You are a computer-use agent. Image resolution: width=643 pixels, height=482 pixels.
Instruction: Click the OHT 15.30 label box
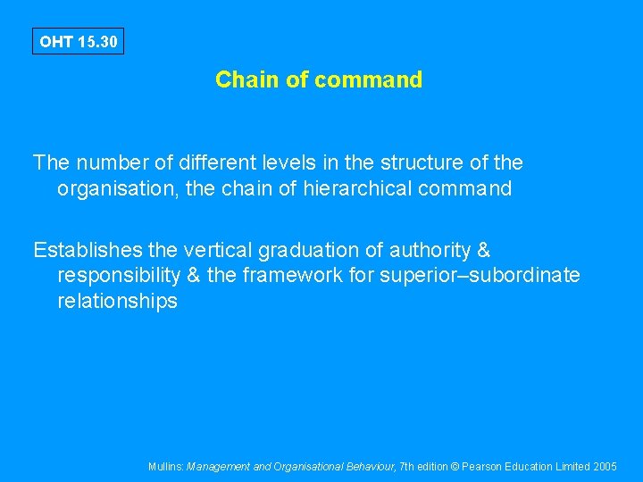78,41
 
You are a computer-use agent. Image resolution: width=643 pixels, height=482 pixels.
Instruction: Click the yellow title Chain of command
319,79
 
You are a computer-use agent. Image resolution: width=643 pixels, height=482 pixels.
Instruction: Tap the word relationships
117,302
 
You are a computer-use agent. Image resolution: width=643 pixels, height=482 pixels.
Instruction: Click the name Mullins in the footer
166,467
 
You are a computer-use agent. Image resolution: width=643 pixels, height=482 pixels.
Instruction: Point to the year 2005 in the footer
605,467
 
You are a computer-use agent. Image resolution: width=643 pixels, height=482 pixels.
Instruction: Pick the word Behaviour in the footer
365,467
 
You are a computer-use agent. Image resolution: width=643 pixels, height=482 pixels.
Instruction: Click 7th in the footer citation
408,467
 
